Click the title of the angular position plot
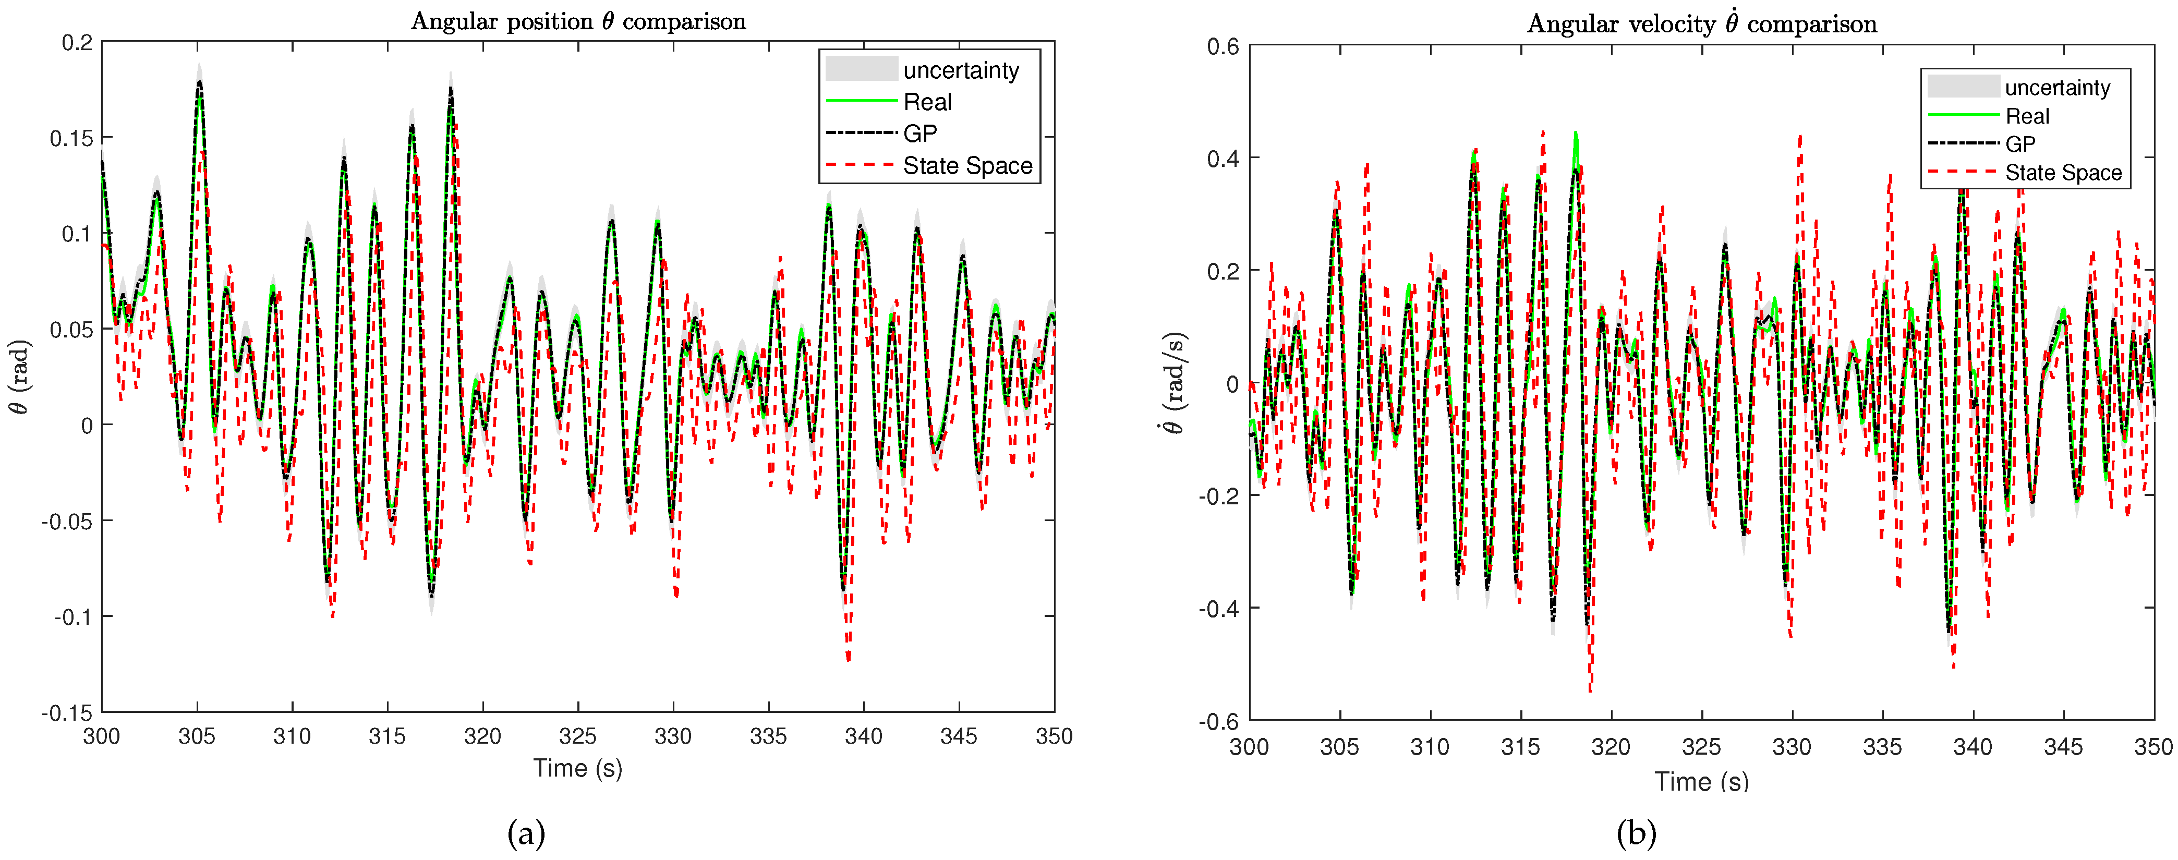point(578,21)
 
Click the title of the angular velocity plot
point(1701,23)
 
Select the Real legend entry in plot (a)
point(927,102)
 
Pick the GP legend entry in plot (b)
point(2020,144)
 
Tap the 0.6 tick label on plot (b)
point(1223,46)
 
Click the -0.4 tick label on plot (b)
point(1218,609)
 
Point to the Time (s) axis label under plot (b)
point(1701,781)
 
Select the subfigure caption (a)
point(526,834)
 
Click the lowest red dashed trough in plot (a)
point(848,658)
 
